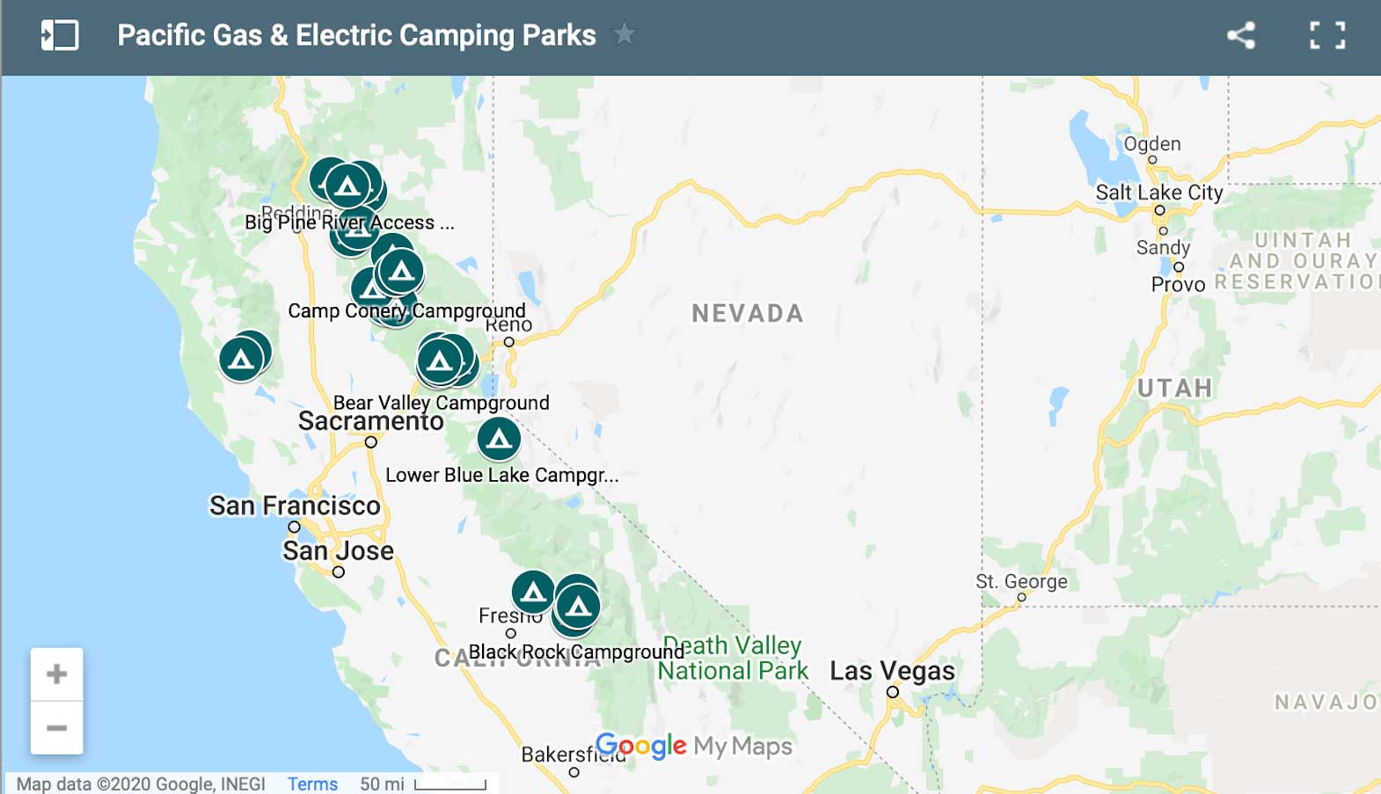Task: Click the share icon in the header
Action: coord(1241,35)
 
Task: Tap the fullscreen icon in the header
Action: coord(1326,35)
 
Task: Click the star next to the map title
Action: coord(624,34)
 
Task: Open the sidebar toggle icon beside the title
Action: coord(60,35)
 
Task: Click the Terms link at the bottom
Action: coord(312,783)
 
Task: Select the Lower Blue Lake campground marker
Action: coord(499,438)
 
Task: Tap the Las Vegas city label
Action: coord(892,671)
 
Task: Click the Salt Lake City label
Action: coord(1158,193)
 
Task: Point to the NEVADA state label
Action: coord(748,313)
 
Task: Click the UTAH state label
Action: coord(1174,388)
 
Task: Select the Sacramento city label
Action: coord(370,421)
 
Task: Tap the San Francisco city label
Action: coord(295,506)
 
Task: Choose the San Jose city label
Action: coord(338,550)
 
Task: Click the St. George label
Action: coord(1021,581)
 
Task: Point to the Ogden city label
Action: coord(1152,144)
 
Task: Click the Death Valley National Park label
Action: coord(733,658)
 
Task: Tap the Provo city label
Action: coord(1178,284)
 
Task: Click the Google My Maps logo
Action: coord(694,747)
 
